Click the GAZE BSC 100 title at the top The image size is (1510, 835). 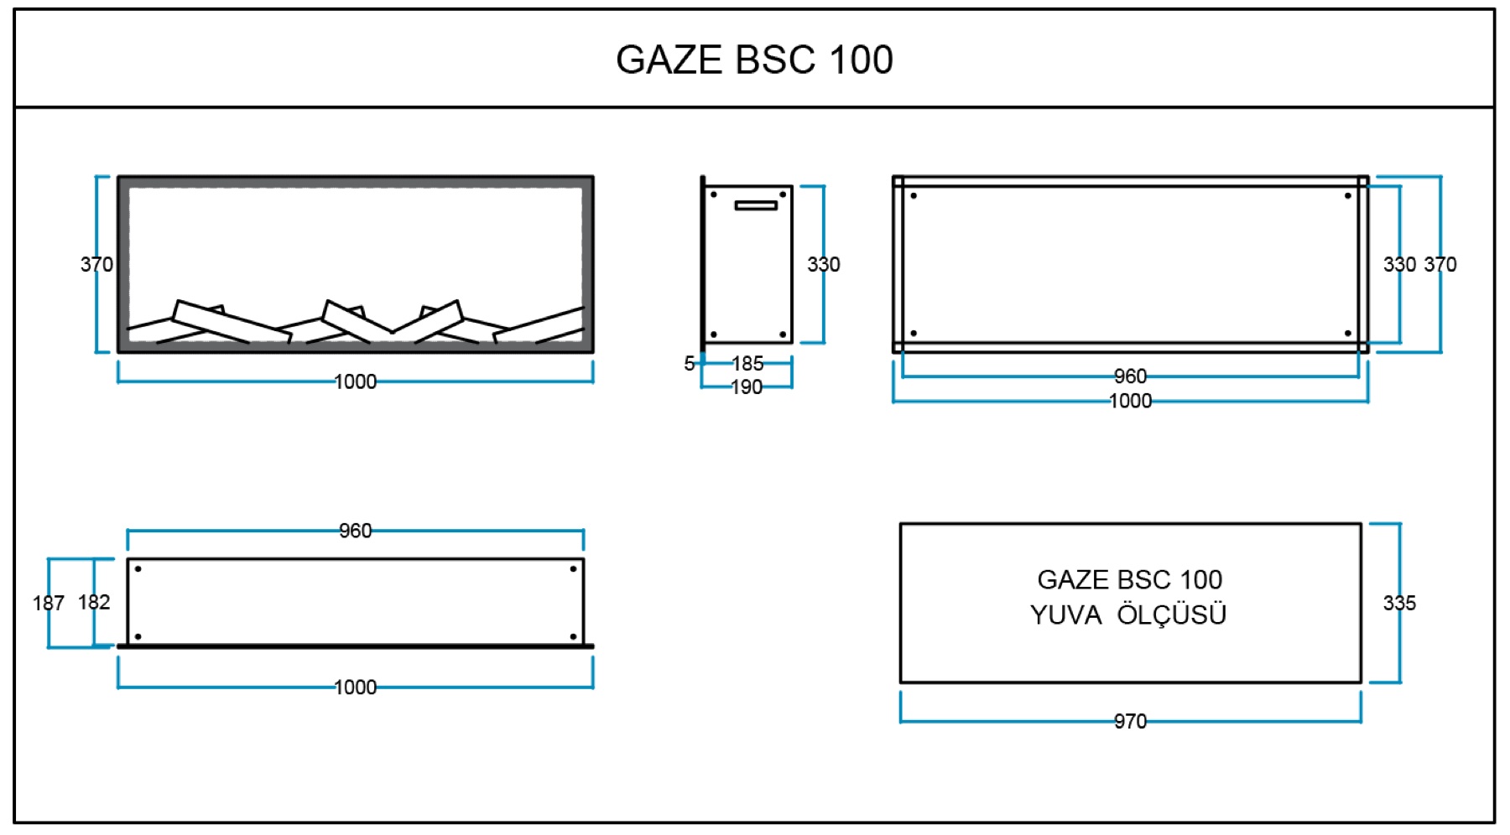click(754, 60)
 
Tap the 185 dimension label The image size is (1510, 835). click(747, 364)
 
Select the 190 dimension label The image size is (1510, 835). click(747, 387)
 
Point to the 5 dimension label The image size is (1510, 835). click(690, 364)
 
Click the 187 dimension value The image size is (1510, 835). click(49, 603)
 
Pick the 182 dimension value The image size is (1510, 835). click(94, 602)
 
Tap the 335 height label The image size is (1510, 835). click(1399, 603)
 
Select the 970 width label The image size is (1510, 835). click(1130, 721)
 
